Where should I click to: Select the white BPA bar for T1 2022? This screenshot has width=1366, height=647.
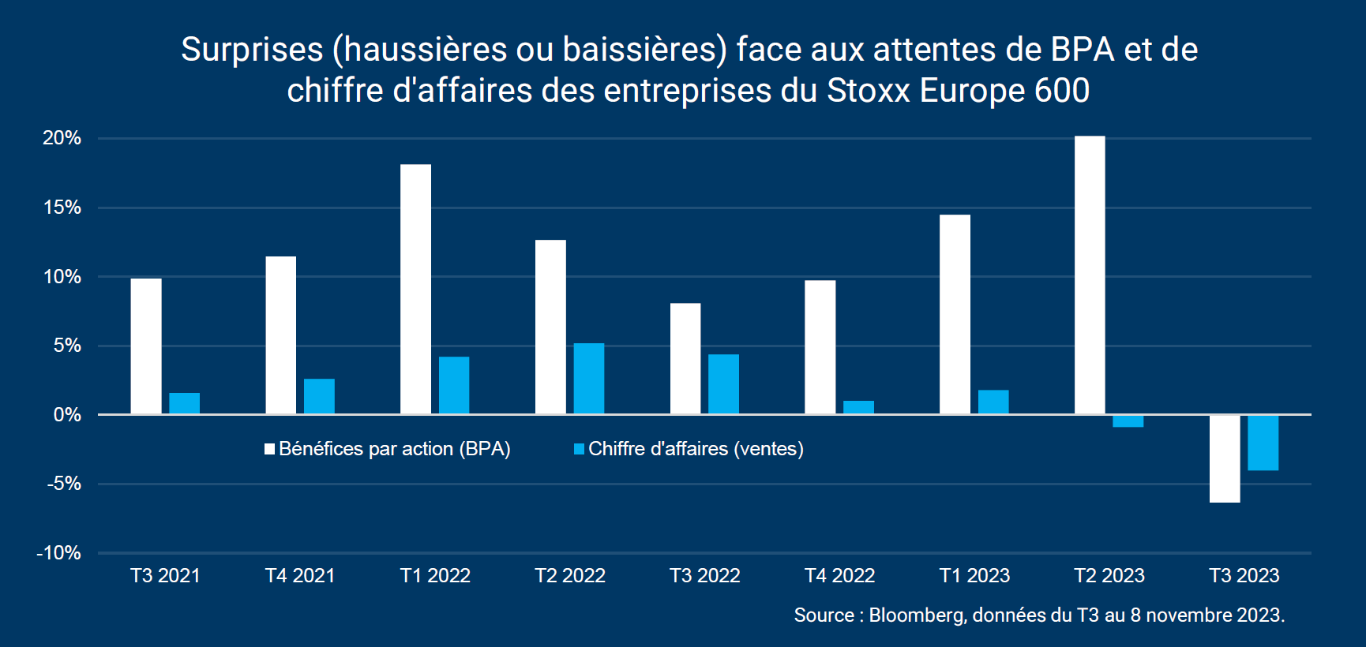[415, 289]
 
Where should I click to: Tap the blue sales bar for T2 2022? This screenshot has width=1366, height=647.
[589, 379]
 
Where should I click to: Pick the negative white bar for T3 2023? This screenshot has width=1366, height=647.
[1225, 458]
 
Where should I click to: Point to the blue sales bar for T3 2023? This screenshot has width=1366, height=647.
[1263, 443]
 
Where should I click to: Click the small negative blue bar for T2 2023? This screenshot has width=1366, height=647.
[1128, 421]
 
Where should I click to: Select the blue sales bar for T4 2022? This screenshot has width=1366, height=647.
[858, 407]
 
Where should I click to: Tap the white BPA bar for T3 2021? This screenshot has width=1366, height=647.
[146, 346]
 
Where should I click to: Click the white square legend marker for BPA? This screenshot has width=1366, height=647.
[269, 449]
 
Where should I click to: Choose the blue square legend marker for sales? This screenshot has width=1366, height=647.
[579, 449]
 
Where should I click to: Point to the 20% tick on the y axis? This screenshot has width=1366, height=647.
[62, 138]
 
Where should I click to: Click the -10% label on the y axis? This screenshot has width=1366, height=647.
[59, 553]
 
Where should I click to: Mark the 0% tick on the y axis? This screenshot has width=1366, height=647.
[67, 415]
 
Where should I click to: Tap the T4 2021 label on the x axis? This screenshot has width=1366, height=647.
[300, 576]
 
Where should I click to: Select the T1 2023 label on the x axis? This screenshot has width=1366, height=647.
[974, 576]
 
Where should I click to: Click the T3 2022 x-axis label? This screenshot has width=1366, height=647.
[704, 576]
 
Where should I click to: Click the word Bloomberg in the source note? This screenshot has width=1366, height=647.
[917, 615]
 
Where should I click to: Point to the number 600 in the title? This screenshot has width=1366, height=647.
[1062, 91]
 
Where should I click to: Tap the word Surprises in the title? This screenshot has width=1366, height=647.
[252, 50]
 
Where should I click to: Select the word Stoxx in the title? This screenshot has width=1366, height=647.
[869, 91]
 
